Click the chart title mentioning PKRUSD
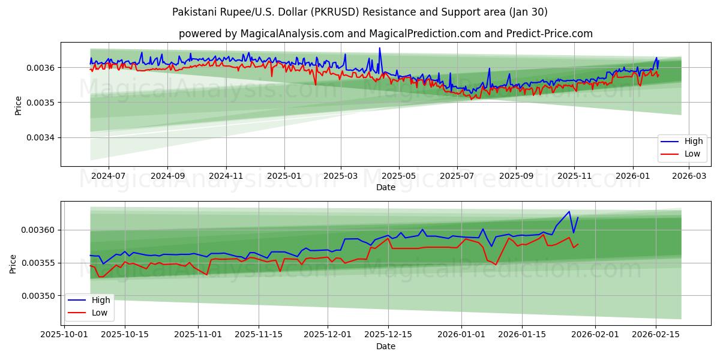[x=359, y=12]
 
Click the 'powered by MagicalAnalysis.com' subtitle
[x=385, y=34]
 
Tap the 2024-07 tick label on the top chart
[x=109, y=176]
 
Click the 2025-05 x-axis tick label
[x=399, y=176]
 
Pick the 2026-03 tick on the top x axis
[x=689, y=176]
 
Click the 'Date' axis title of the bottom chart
[x=385, y=346]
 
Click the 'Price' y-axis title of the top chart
[x=18, y=106]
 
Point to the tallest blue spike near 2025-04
[x=379, y=48]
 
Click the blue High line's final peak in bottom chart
[x=569, y=211]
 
